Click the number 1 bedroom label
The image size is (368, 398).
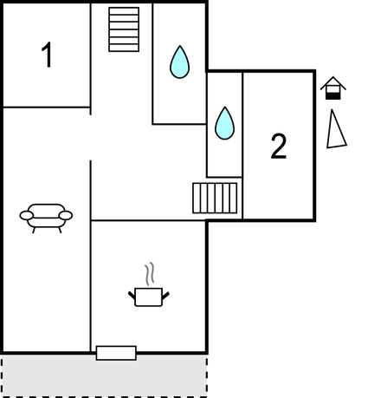coord(47,55)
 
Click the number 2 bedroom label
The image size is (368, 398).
coord(279,147)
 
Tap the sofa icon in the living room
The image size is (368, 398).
coord(46,219)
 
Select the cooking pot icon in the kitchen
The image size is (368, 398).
coord(149,297)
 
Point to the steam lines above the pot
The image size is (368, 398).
coord(150,274)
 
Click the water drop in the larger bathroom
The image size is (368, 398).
coord(179,62)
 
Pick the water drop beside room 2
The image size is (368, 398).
coord(224,123)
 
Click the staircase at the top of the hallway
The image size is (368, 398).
coord(124,29)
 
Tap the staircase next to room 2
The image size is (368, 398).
coord(215,198)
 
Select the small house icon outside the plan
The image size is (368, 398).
coord(333,88)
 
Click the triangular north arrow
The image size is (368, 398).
coord(336,129)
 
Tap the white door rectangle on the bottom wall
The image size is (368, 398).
coord(116,353)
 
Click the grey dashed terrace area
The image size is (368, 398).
coord(104,375)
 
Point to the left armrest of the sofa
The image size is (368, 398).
coord(27,215)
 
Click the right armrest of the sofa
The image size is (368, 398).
coord(66,215)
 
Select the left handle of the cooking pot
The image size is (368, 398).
coord(132,295)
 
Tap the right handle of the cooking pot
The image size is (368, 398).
coord(165,296)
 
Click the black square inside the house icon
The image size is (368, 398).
coord(333,96)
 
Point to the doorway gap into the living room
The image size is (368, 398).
coord(91,138)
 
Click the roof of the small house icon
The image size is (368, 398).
coord(333,82)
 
